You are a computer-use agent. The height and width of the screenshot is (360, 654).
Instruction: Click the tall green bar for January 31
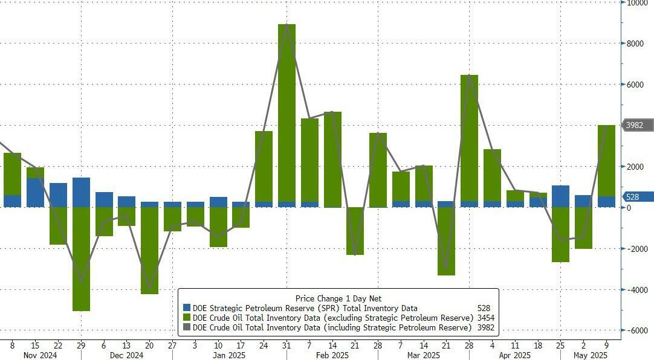(x=287, y=112)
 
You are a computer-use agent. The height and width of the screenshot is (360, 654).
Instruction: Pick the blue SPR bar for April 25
(x=560, y=196)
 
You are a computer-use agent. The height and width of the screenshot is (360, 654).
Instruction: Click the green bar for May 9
(x=606, y=160)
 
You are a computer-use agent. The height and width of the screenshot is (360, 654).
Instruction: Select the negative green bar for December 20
(x=149, y=250)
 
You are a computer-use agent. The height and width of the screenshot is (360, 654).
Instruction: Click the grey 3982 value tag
(x=638, y=125)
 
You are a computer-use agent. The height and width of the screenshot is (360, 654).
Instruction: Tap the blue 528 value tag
(x=638, y=196)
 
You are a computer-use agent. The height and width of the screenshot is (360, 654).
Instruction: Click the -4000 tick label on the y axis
(x=636, y=289)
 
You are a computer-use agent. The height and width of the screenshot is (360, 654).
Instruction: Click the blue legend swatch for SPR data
(x=187, y=308)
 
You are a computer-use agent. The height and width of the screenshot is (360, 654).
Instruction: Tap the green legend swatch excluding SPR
(x=187, y=318)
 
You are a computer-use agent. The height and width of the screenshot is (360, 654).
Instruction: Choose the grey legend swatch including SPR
(x=187, y=327)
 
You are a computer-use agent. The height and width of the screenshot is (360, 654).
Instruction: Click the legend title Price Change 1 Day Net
(x=338, y=298)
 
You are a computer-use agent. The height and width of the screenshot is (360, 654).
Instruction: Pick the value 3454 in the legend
(x=485, y=318)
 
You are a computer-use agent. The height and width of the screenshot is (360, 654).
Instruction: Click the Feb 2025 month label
(x=333, y=356)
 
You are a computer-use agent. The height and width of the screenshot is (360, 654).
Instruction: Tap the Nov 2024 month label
(x=40, y=356)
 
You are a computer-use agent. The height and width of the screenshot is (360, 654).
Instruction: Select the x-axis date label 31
(x=287, y=345)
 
